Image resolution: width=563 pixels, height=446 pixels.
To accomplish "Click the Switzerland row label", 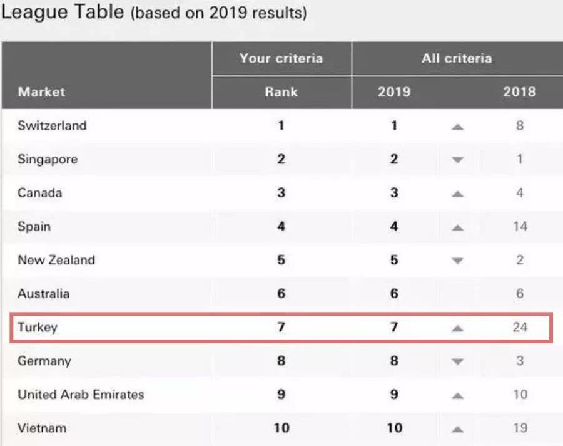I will [52, 125].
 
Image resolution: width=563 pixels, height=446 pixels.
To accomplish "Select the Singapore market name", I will [48, 159].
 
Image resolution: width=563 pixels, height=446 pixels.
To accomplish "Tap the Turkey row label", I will [38, 327].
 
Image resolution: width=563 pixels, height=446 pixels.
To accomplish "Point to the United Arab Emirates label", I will [81, 395].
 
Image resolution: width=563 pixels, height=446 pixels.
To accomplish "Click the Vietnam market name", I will [42, 428].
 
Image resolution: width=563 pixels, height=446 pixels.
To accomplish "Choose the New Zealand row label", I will [56, 260].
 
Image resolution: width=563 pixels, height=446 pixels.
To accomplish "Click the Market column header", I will [41, 91].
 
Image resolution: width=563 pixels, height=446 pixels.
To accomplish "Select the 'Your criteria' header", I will [281, 59].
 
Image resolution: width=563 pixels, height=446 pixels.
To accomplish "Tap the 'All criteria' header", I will [457, 59].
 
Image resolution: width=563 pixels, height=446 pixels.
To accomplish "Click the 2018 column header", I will [520, 91].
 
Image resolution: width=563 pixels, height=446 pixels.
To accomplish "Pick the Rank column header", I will [281, 91].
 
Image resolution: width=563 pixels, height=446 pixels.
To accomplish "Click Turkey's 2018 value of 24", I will [520, 327].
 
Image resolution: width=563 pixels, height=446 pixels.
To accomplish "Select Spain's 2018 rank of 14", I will [520, 227].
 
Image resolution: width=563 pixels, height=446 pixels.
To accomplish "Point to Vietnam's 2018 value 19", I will [520, 428].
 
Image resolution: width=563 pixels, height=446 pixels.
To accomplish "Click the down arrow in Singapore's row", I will [457, 160].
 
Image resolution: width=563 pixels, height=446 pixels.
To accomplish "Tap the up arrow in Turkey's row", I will [457, 328].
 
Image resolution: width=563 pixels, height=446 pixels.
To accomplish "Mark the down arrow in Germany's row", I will [457, 361].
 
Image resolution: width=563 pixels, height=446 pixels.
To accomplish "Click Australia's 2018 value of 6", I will [520, 294].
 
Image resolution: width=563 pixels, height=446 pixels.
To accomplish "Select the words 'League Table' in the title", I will [63, 13].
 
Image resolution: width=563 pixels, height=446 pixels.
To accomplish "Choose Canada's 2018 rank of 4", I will [520, 193].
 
